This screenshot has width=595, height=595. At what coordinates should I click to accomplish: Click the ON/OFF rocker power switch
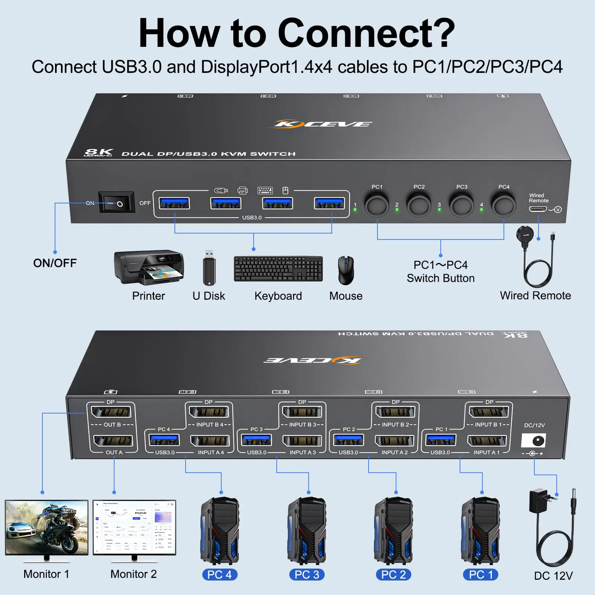116,203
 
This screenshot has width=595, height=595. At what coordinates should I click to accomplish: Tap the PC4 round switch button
503,205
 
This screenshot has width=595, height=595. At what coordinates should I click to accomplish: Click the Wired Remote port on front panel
538,209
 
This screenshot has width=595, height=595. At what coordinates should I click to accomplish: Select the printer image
149,267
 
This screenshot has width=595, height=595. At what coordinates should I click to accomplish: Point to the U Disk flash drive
209,268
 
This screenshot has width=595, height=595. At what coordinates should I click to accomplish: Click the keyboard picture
278,269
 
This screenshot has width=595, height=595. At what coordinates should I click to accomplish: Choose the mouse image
346,270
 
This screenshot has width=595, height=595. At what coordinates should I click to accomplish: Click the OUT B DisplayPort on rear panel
111,412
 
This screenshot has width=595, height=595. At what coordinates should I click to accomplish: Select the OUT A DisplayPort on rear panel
113,441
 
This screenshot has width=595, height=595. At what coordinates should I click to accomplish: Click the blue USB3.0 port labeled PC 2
348,440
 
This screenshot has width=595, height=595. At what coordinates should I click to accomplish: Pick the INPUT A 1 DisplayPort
486,441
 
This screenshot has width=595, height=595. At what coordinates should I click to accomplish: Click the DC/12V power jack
534,441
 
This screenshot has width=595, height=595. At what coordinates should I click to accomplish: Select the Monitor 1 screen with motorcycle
46,528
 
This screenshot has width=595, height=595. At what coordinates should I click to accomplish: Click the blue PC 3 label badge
307,575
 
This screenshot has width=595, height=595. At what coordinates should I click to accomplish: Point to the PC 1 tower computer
480,531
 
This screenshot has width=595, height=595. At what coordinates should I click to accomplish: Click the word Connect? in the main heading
366,33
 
